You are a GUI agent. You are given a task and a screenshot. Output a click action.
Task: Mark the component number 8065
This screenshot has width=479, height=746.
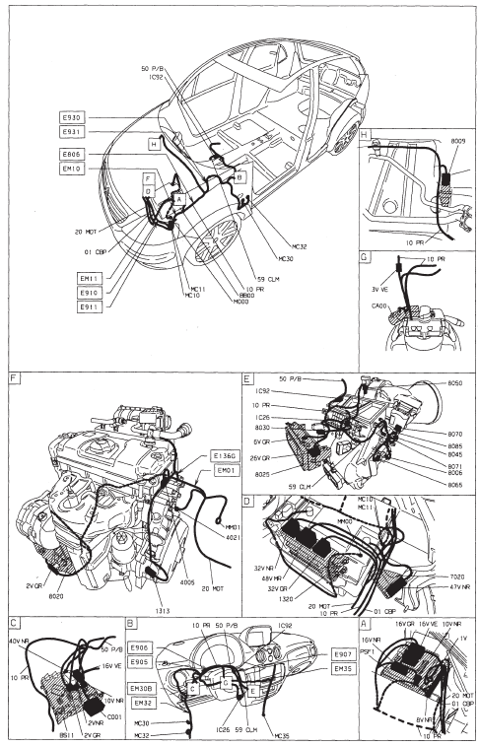click(x=454, y=486)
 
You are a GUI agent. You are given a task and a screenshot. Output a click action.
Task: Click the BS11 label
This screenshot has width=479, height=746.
click(x=38, y=708)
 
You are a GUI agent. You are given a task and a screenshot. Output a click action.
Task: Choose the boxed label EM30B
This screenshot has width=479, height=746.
click(x=142, y=688)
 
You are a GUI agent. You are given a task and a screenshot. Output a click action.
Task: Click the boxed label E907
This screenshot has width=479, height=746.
click(x=343, y=654)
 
